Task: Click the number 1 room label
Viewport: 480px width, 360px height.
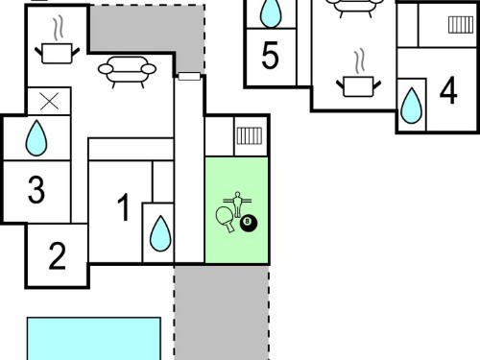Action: (x=124, y=207)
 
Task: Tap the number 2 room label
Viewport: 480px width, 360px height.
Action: (x=58, y=255)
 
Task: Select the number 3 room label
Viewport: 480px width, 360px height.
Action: (x=36, y=190)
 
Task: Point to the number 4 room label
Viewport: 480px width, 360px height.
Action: (x=448, y=90)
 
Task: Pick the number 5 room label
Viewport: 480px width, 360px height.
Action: (x=270, y=56)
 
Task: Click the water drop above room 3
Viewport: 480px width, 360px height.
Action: (x=36, y=138)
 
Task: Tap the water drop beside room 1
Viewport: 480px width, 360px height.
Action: (x=160, y=233)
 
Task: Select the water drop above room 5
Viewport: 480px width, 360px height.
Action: (x=271, y=12)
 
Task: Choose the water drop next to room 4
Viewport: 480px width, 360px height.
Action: (x=412, y=106)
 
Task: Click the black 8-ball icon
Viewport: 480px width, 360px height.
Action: (x=249, y=223)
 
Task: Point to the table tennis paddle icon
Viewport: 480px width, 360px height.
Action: (x=225, y=219)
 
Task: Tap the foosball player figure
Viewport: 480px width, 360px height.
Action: (x=237, y=204)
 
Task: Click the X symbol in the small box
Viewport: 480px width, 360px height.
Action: (x=50, y=101)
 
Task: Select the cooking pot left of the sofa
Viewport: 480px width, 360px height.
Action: (x=58, y=51)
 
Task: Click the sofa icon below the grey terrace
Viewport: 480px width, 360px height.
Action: (x=127, y=72)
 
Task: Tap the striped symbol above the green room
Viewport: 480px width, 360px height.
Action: (x=250, y=135)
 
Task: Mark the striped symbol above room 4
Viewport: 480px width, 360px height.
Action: (x=461, y=25)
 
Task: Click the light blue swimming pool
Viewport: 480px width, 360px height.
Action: (x=94, y=339)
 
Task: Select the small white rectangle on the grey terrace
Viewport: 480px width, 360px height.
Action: (x=189, y=76)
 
